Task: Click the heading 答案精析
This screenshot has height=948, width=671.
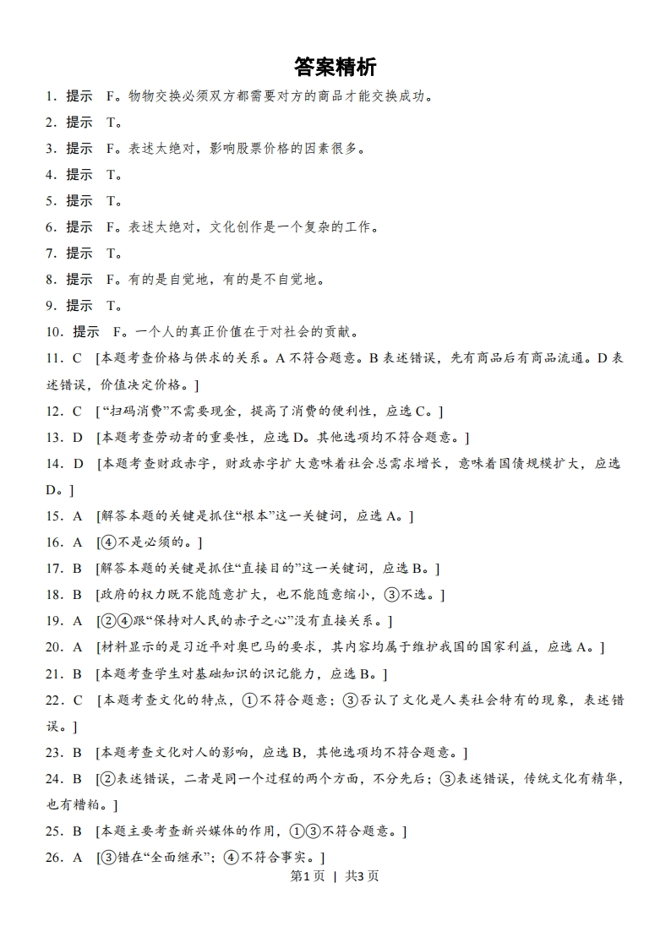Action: (335, 67)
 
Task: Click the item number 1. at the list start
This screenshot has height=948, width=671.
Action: (52, 96)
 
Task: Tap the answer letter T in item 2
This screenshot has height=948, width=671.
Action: (111, 123)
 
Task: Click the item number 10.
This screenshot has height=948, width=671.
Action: (55, 331)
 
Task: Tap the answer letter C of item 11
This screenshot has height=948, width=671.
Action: (76, 358)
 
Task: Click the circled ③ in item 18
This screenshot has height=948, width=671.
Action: (391, 595)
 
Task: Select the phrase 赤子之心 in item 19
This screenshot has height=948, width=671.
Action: (268, 621)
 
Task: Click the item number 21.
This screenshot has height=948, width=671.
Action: (55, 673)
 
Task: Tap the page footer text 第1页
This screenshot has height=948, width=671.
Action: (307, 875)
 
